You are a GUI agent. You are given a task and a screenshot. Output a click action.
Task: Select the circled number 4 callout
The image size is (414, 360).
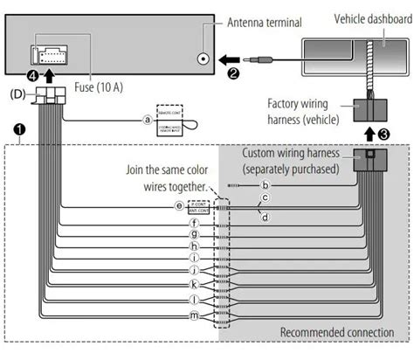(32, 76)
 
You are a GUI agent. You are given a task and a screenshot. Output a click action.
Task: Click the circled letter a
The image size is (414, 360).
(147, 121)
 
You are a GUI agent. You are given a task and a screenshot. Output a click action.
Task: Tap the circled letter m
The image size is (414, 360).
(193, 313)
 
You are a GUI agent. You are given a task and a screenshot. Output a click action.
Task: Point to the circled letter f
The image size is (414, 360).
(193, 222)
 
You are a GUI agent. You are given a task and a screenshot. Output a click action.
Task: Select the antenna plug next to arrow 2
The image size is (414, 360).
(262, 60)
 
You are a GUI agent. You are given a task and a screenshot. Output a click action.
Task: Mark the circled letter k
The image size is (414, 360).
(193, 284)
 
